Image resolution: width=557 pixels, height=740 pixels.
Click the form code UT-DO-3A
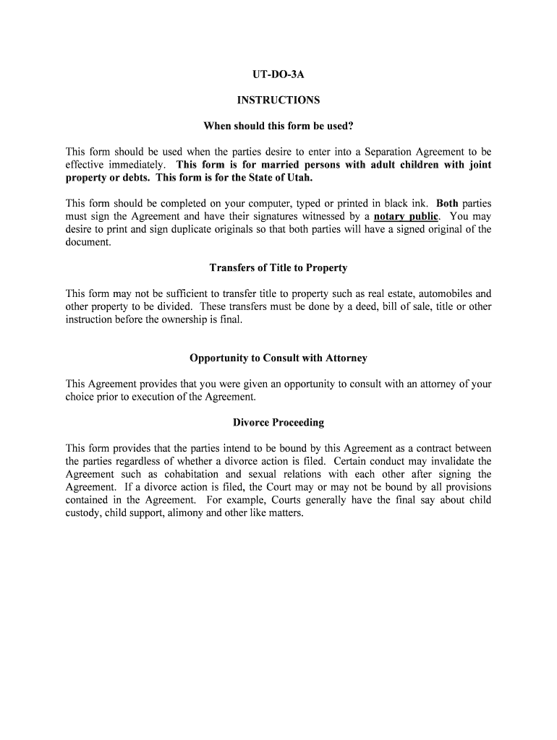point(278,74)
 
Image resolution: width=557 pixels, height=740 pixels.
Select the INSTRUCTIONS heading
point(278,100)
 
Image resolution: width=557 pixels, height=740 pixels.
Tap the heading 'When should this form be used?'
point(278,126)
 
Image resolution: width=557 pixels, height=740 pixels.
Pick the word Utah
point(299,178)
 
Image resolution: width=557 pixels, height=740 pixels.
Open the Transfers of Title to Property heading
point(278,268)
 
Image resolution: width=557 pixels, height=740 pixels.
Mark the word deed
point(366,307)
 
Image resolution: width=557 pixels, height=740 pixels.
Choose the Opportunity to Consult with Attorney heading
point(278,358)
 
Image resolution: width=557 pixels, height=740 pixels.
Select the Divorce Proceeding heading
point(278,423)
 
